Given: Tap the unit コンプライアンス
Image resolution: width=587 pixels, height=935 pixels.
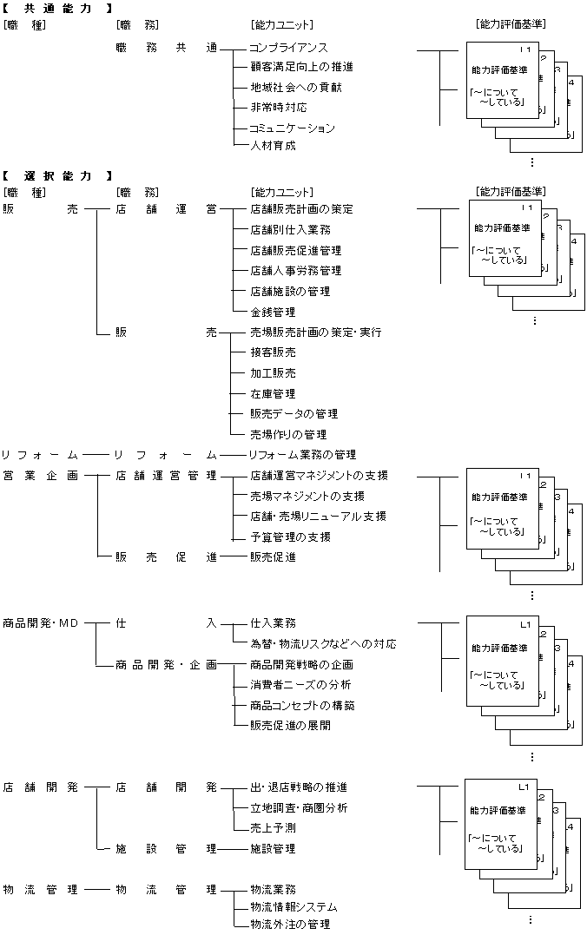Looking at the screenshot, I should (x=288, y=47).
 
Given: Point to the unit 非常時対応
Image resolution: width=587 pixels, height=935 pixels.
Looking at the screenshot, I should (x=278, y=108).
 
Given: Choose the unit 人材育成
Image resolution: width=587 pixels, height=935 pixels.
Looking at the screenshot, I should (x=273, y=146).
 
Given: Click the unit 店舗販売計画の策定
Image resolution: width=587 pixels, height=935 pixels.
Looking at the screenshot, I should (x=301, y=209).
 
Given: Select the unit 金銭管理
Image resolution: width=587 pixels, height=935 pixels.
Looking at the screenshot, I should (x=273, y=312).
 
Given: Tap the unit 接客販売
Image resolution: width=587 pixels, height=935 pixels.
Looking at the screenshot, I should (x=273, y=352).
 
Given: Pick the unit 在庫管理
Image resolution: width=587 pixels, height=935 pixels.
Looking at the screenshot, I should (x=273, y=393).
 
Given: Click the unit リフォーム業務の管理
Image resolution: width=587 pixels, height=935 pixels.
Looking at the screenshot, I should (x=302, y=455).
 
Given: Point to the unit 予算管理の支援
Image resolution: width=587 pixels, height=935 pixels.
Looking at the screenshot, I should (x=290, y=537).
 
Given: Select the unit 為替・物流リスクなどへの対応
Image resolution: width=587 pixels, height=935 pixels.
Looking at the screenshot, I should (x=323, y=644).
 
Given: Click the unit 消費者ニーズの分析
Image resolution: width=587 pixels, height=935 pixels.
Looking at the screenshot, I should (x=300, y=685).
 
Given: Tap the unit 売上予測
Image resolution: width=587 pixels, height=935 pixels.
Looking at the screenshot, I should (x=273, y=828).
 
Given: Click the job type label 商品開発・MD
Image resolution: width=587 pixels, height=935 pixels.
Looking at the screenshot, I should (x=40, y=622).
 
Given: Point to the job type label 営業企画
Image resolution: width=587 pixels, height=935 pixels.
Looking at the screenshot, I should (x=40, y=476).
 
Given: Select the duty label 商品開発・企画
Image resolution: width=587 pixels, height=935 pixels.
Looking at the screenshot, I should (x=166, y=664).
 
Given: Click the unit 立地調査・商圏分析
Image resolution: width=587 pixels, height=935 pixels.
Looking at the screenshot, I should (x=299, y=808).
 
